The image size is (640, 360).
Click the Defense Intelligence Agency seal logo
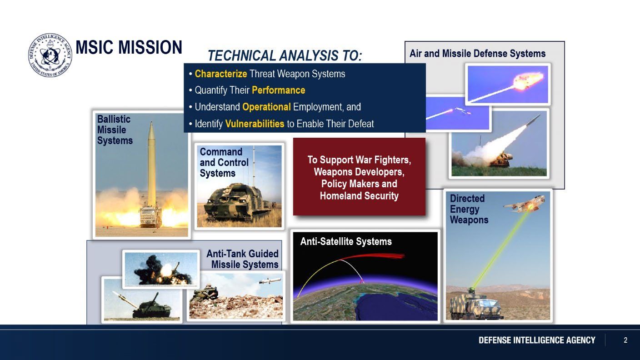[50, 55]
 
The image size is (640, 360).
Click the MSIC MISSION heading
[129, 47]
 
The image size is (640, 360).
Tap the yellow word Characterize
[221, 74]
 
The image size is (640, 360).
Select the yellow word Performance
[279, 90]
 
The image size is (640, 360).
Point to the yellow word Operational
[266, 107]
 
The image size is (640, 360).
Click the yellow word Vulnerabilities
[255, 124]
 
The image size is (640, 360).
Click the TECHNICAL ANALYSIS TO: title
[285, 55]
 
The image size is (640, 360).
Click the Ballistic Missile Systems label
[115, 130]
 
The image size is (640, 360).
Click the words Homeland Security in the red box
[359, 196]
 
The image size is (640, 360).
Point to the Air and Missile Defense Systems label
[477, 54]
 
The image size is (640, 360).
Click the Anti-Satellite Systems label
[346, 241]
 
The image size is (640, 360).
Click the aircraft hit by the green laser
[524, 204]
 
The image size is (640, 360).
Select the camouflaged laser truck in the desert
[476, 305]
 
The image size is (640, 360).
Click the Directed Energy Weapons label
[469, 209]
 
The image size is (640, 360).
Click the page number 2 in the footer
[625, 340]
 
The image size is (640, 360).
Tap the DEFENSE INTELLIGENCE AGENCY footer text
[537, 340]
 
